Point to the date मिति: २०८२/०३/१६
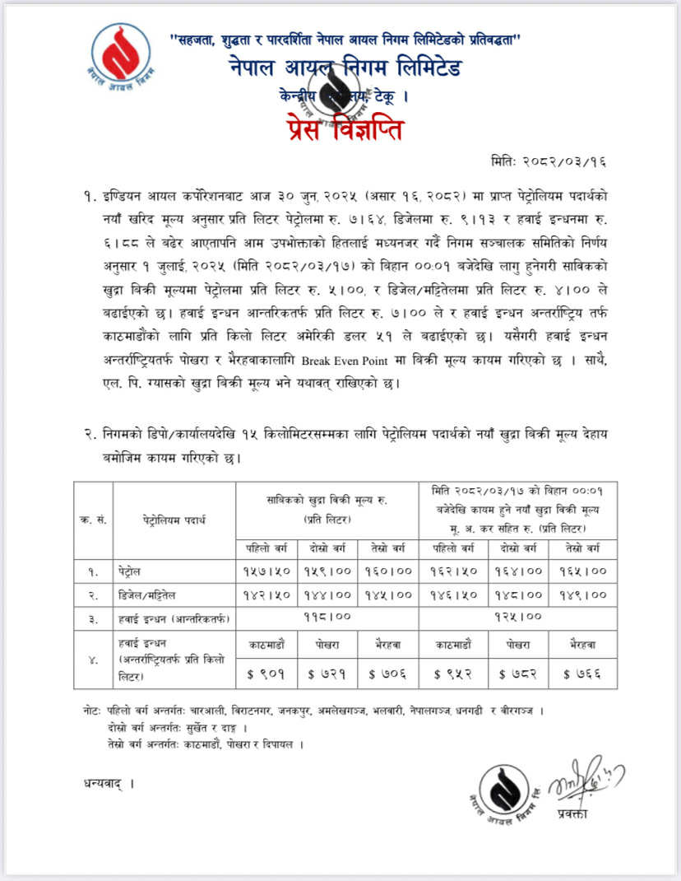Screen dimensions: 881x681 pyautogui.click(x=560, y=162)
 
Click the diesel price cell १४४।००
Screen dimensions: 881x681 pyautogui.click(x=327, y=593)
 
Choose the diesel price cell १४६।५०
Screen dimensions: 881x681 pyautogui.click(x=450, y=593)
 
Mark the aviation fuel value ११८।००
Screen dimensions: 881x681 pyautogui.click(x=327, y=615)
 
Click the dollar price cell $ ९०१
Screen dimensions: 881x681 pyautogui.click(x=266, y=674)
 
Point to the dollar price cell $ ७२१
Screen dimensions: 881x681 pyautogui.click(x=327, y=674)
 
